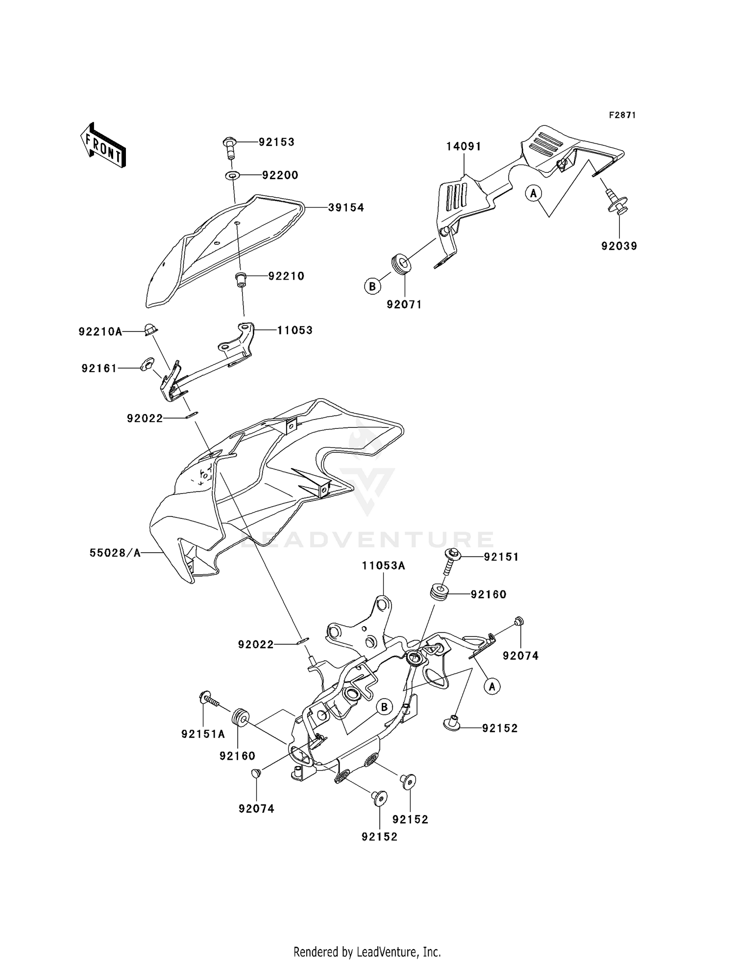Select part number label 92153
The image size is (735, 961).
pyautogui.click(x=276, y=142)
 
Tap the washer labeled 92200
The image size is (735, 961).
pyautogui.click(x=232, y=175)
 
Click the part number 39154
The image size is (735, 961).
pyautogui.click(x=346, y=208)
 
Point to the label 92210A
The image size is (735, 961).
pyautogui.click(x=100, y=332)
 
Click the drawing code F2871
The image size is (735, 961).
pyautogui.click(x=622, y=115)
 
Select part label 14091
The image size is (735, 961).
pyautogui.click(x=464, y=146)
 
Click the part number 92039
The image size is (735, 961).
pyautogui.click(x=619, y=246)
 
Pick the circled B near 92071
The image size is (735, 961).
pyautogui.click(x=372, y=286)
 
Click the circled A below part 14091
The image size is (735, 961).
pyautogui.click(x=533, y=193)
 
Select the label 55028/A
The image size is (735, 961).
pyautogui.click(x=115, y=553)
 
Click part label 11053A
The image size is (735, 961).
pyautogui.click(x=384, y=566)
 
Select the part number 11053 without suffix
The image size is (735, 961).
pyautogui.click(x=294, y=330)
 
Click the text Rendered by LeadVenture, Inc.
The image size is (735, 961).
pyautogui.click(x=367, y=952)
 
